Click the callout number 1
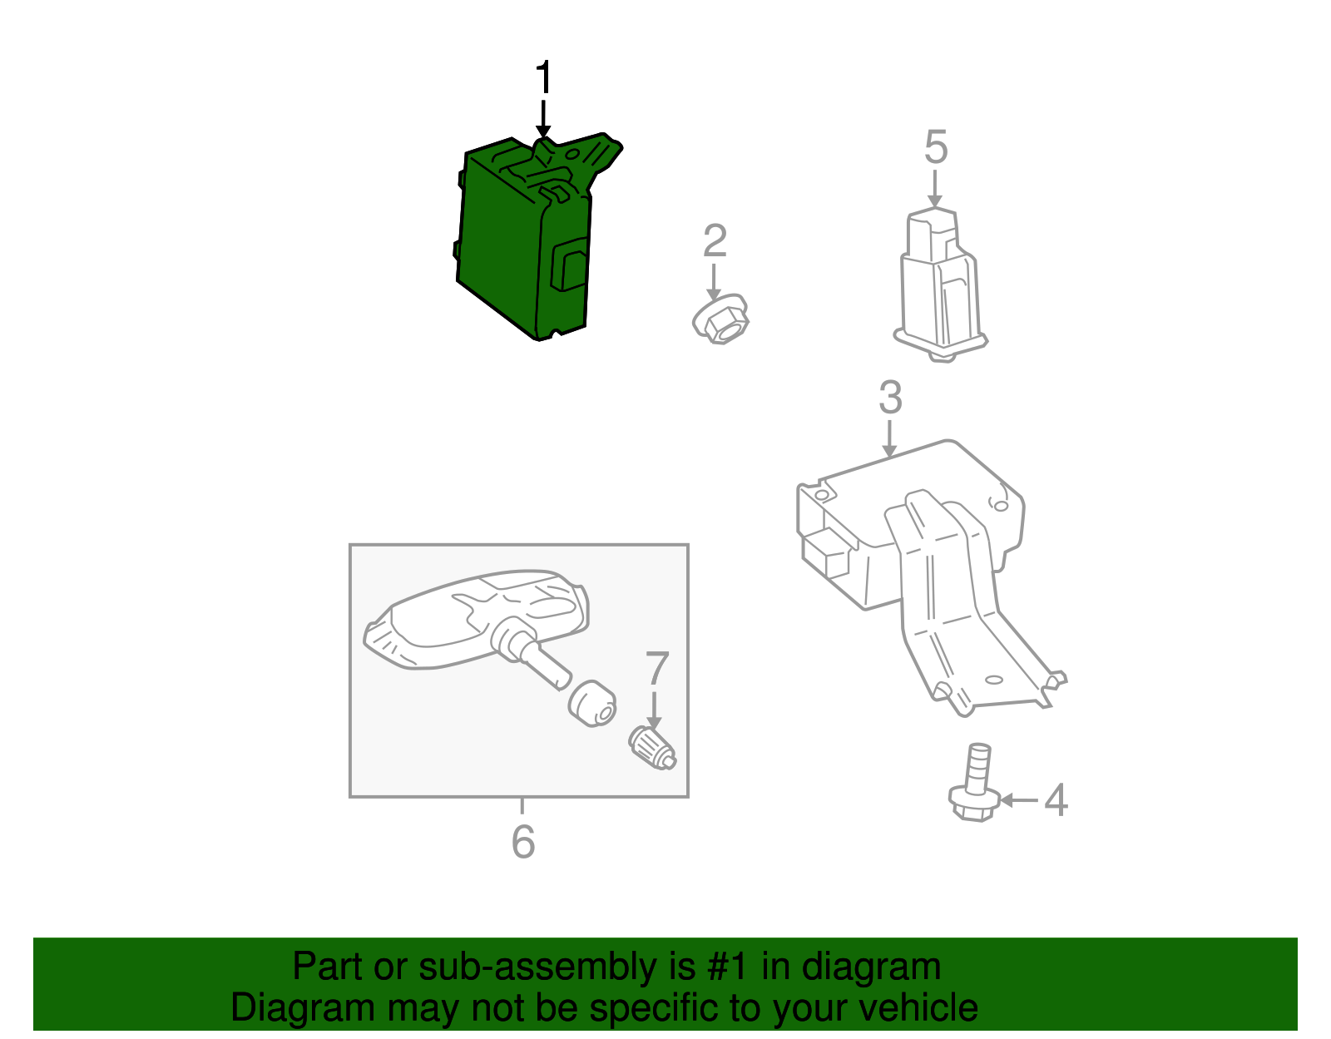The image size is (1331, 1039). pos(543,77)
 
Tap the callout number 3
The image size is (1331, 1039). pos(890,398)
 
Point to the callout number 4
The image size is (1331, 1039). pos(1056,800)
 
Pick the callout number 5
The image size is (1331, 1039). pos(936,147)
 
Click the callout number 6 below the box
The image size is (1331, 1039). pos(523,842)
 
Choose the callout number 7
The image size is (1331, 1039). pos(657,669)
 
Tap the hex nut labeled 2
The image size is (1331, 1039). pos(720,320)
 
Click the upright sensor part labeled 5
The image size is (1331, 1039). pos(940,284)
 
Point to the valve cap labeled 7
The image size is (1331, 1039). pos(652,748)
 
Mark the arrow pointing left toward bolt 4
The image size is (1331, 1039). pos(1018,800)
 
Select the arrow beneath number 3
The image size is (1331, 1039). pos(889,438)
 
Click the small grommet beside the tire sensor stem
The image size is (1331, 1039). pos(592,704)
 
